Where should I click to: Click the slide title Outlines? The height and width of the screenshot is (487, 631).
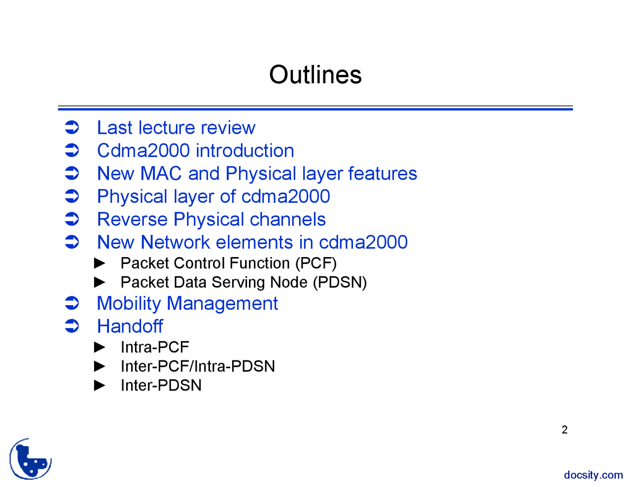(x=315, y=75)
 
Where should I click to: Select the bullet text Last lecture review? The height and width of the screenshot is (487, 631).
(x=176, y=128)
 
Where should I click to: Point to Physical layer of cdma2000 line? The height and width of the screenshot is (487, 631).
(x=213, y=196)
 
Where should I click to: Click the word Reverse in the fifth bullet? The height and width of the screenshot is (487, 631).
(x=132, y=220)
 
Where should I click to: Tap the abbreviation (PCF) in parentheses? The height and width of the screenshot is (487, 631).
(x=315, y=263)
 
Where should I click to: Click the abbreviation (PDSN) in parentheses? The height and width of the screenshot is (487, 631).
(x=340, y=283)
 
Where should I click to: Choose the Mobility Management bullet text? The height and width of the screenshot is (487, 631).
(x=187, y=304)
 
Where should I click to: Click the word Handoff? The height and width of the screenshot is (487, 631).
(x=130, y=326)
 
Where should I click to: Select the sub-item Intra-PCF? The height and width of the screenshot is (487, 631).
(x=155, y=348)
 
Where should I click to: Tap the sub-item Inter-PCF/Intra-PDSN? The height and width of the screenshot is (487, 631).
(x=198, y=366)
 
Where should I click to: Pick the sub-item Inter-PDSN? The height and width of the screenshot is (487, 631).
(x=161, y=386)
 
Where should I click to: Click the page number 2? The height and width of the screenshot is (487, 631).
(x=564, y=430)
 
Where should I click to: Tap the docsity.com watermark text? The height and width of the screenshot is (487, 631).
(x=593, y=475)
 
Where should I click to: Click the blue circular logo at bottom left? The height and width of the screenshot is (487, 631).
(x=31, y=459)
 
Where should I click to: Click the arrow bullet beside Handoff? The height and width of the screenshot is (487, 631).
(x=72, y=326)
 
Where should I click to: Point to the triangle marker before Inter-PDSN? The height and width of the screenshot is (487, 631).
(x=100, y=385)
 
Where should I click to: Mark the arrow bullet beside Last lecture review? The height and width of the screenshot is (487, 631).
(x=72, y=128)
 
